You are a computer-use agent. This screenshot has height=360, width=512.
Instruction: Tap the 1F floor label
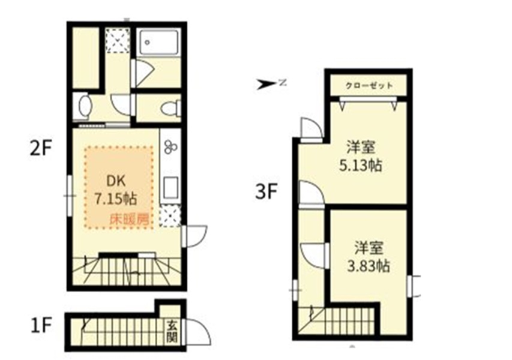click(x=41, y=325)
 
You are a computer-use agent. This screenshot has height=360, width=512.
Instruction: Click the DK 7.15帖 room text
click(x=116, y=190)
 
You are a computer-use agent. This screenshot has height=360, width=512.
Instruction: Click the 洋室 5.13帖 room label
click(x=361, y=157)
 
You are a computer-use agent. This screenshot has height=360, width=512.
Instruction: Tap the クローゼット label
click(x=369, y=86)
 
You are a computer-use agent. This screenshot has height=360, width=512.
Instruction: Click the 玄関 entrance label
click(x=172, y=331)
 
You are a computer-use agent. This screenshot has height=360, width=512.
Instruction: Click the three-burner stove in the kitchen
click(x=170, y=146)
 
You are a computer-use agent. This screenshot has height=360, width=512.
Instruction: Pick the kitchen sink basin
click(x=170, y=188)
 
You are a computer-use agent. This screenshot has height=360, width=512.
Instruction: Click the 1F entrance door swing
click(x=198, y=331)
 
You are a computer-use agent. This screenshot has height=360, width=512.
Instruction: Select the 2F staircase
click(x=127, y=270)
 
